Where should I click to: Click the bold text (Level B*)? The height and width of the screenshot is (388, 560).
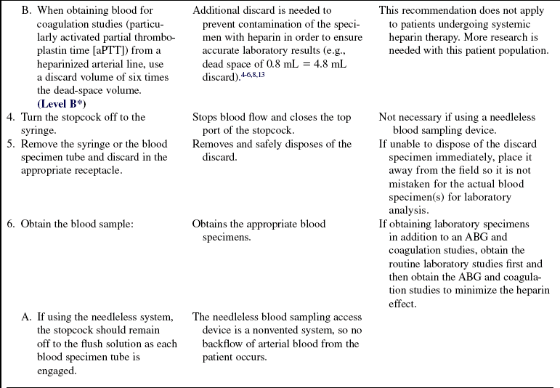pos(62,104)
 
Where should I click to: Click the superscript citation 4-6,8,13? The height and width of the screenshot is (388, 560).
pos(251,74)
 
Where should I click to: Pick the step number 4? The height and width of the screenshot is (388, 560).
pos(10,117)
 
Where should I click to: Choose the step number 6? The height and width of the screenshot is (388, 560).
pos(10,224)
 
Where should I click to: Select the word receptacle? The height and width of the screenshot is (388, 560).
pos(110,170)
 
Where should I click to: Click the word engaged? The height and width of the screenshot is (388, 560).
pos(57,371)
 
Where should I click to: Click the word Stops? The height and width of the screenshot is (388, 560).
pos(207,117)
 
